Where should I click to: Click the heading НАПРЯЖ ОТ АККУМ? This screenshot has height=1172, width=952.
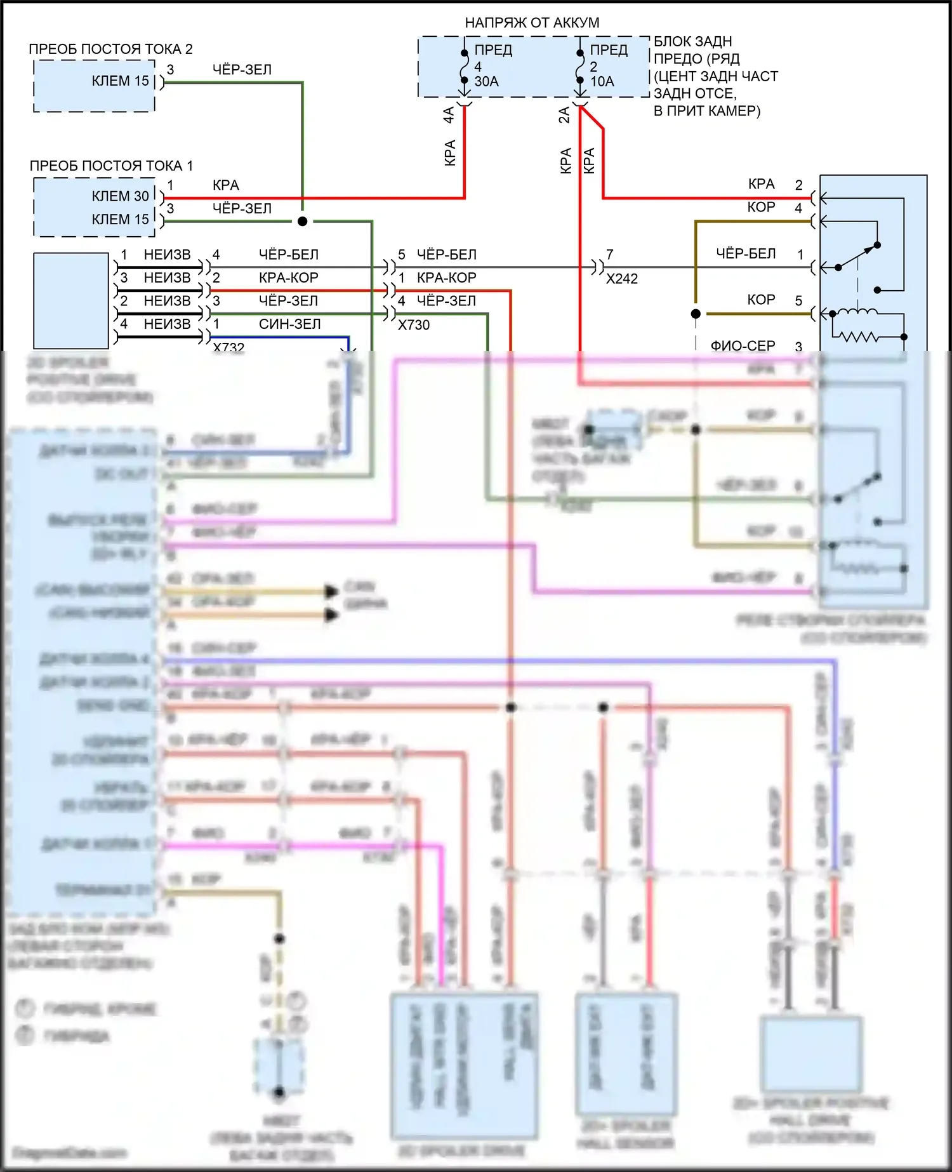coord(532,23)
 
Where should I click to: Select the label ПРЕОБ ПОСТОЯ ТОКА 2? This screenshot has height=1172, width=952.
coord(110,49)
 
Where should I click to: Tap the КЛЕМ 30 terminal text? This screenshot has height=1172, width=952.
coord(120,196)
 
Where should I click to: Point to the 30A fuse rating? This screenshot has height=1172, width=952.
coord(487,81)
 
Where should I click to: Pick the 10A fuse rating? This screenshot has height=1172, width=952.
coord(602,81)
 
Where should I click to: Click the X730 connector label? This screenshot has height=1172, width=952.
coord(414,325)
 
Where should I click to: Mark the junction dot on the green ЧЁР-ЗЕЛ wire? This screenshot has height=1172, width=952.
coord(303,222)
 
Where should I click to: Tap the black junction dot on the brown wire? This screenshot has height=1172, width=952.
coord(696,314)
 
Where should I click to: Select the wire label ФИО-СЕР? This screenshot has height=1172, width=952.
coord(743,346)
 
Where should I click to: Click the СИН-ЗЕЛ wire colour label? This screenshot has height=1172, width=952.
coord(289,324)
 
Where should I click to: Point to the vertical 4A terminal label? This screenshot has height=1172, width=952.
coord(449,115)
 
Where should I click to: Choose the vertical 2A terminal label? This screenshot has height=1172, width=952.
coord(564,115)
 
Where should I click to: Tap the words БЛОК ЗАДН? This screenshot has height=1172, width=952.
coord(693,42)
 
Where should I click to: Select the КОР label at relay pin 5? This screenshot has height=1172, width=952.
coord(761,300)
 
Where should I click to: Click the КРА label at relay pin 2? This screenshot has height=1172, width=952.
coord(761,184)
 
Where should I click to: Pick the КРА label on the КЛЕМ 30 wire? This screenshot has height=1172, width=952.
coord(226,185)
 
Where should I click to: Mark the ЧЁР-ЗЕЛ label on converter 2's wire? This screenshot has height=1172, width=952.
coord(242,70)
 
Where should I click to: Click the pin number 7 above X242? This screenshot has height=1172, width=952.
coord(610,255)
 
